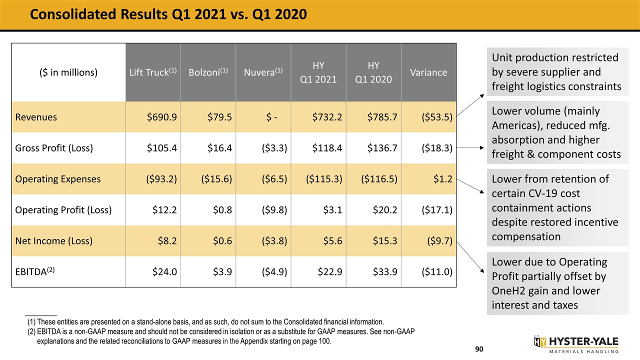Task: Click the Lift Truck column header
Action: point(153,72)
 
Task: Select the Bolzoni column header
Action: point(208,72)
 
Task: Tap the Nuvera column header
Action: point(263,72)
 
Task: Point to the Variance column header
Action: point(428,72)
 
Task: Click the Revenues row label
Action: point(36,117)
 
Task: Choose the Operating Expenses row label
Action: point(57,179)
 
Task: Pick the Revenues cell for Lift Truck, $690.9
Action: point(161,117)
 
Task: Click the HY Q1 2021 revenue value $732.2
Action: point(327,117)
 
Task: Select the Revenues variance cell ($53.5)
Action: point(437,117)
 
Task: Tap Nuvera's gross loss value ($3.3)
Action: point(274,148)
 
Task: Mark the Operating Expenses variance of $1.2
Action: point(443,179)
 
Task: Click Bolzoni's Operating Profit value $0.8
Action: point(222,210)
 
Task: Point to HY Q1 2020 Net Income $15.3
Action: point(385,241)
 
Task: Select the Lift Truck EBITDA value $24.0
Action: point(164,271)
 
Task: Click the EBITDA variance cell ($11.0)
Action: point(437,271)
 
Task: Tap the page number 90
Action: point(479,349)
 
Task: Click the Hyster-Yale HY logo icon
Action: point(539,341)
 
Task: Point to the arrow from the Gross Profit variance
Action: point(470,148)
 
